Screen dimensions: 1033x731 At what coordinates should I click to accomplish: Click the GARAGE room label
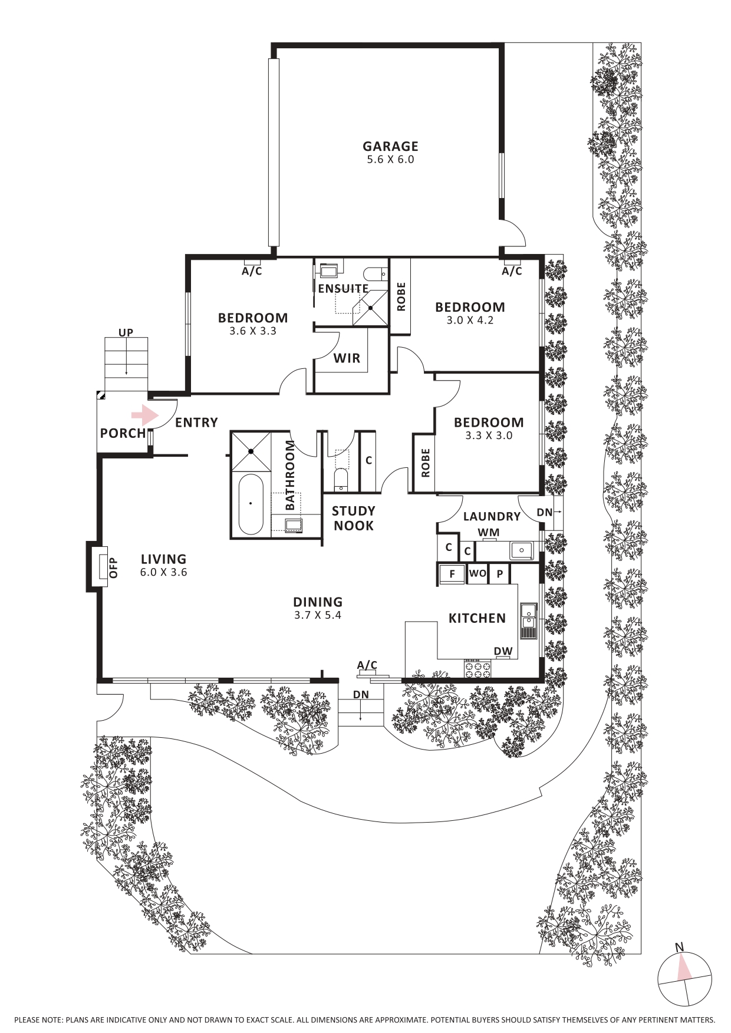390,146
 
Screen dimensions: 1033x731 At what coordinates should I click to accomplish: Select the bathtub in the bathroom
251,504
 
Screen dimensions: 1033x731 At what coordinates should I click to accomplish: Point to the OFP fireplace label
113,567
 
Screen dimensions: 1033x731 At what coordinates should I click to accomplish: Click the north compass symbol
684,979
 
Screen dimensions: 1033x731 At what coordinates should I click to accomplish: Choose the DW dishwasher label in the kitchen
503,651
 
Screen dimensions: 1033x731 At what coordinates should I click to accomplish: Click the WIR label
347,358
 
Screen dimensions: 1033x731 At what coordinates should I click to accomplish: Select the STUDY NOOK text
353,518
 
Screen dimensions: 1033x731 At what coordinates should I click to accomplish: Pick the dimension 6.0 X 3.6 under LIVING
163,572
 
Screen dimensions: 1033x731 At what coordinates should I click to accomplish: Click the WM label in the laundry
488,532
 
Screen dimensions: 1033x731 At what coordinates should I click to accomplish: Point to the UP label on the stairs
126,332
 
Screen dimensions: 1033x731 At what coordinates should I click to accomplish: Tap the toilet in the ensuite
374,274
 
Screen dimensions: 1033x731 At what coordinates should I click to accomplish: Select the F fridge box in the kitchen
452,574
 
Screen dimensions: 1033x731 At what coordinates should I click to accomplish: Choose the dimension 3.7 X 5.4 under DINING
318,615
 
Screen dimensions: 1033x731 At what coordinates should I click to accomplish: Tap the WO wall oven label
478,573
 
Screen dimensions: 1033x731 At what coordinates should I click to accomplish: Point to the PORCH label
123,433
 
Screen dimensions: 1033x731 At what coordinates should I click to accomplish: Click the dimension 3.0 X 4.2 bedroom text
470,321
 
